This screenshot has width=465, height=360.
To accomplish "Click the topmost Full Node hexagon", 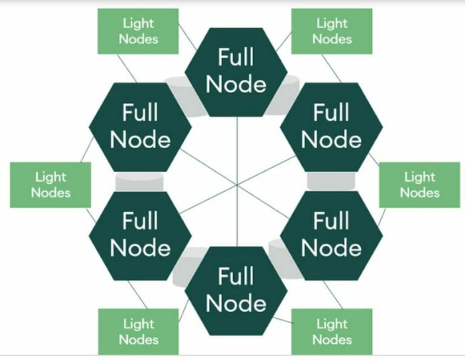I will point(236,71).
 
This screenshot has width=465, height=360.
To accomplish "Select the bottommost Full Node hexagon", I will point(236,290).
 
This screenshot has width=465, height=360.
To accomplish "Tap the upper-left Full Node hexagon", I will point(140,126).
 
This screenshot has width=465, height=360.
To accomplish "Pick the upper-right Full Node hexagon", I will point(331,126).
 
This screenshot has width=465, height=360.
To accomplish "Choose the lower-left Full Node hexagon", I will point(140,235).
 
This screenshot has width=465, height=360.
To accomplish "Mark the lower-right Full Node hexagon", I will point(331,235).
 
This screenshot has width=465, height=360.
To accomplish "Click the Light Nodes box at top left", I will point(138,31).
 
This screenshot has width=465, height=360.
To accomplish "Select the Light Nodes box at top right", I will point(332,31).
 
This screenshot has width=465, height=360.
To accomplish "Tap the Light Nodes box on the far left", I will point(50,185).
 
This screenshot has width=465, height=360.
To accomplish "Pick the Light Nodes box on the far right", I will point(420,185).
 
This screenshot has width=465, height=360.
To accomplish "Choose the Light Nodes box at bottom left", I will point(138,332).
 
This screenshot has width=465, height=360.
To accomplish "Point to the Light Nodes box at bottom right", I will point(332,332).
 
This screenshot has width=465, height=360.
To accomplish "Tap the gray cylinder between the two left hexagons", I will point(139,181).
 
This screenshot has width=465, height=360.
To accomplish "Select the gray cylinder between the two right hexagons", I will point(331,181).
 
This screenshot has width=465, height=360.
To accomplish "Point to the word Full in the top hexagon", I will point(236,58).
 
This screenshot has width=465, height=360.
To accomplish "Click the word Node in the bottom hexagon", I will point(236,303).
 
